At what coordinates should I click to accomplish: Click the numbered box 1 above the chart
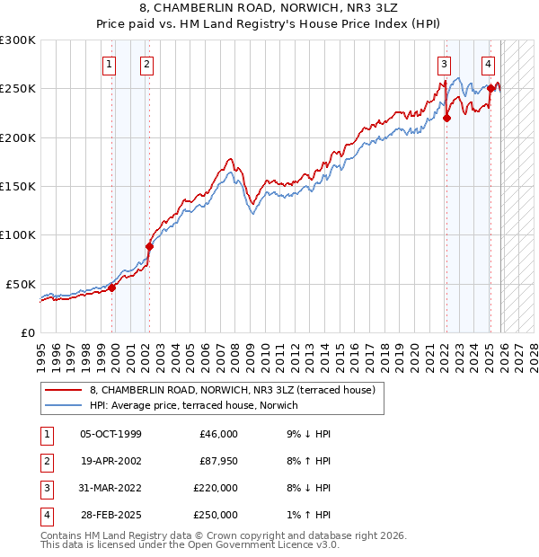(109, 64)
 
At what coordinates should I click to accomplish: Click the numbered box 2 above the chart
(146, 64)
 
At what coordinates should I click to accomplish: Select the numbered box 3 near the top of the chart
(444, 64)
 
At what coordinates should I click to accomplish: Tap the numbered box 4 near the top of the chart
(488, 64)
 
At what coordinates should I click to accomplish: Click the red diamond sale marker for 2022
(446, 118)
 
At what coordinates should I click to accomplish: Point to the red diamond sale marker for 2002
(149, 246)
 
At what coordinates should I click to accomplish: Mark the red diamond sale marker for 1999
(112, 287)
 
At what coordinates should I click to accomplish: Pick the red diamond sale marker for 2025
(490, 88)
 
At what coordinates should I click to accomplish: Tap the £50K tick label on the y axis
(21, 284)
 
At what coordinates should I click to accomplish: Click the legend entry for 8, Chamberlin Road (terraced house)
(237, 390)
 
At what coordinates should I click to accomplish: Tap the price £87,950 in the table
(216, 461)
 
